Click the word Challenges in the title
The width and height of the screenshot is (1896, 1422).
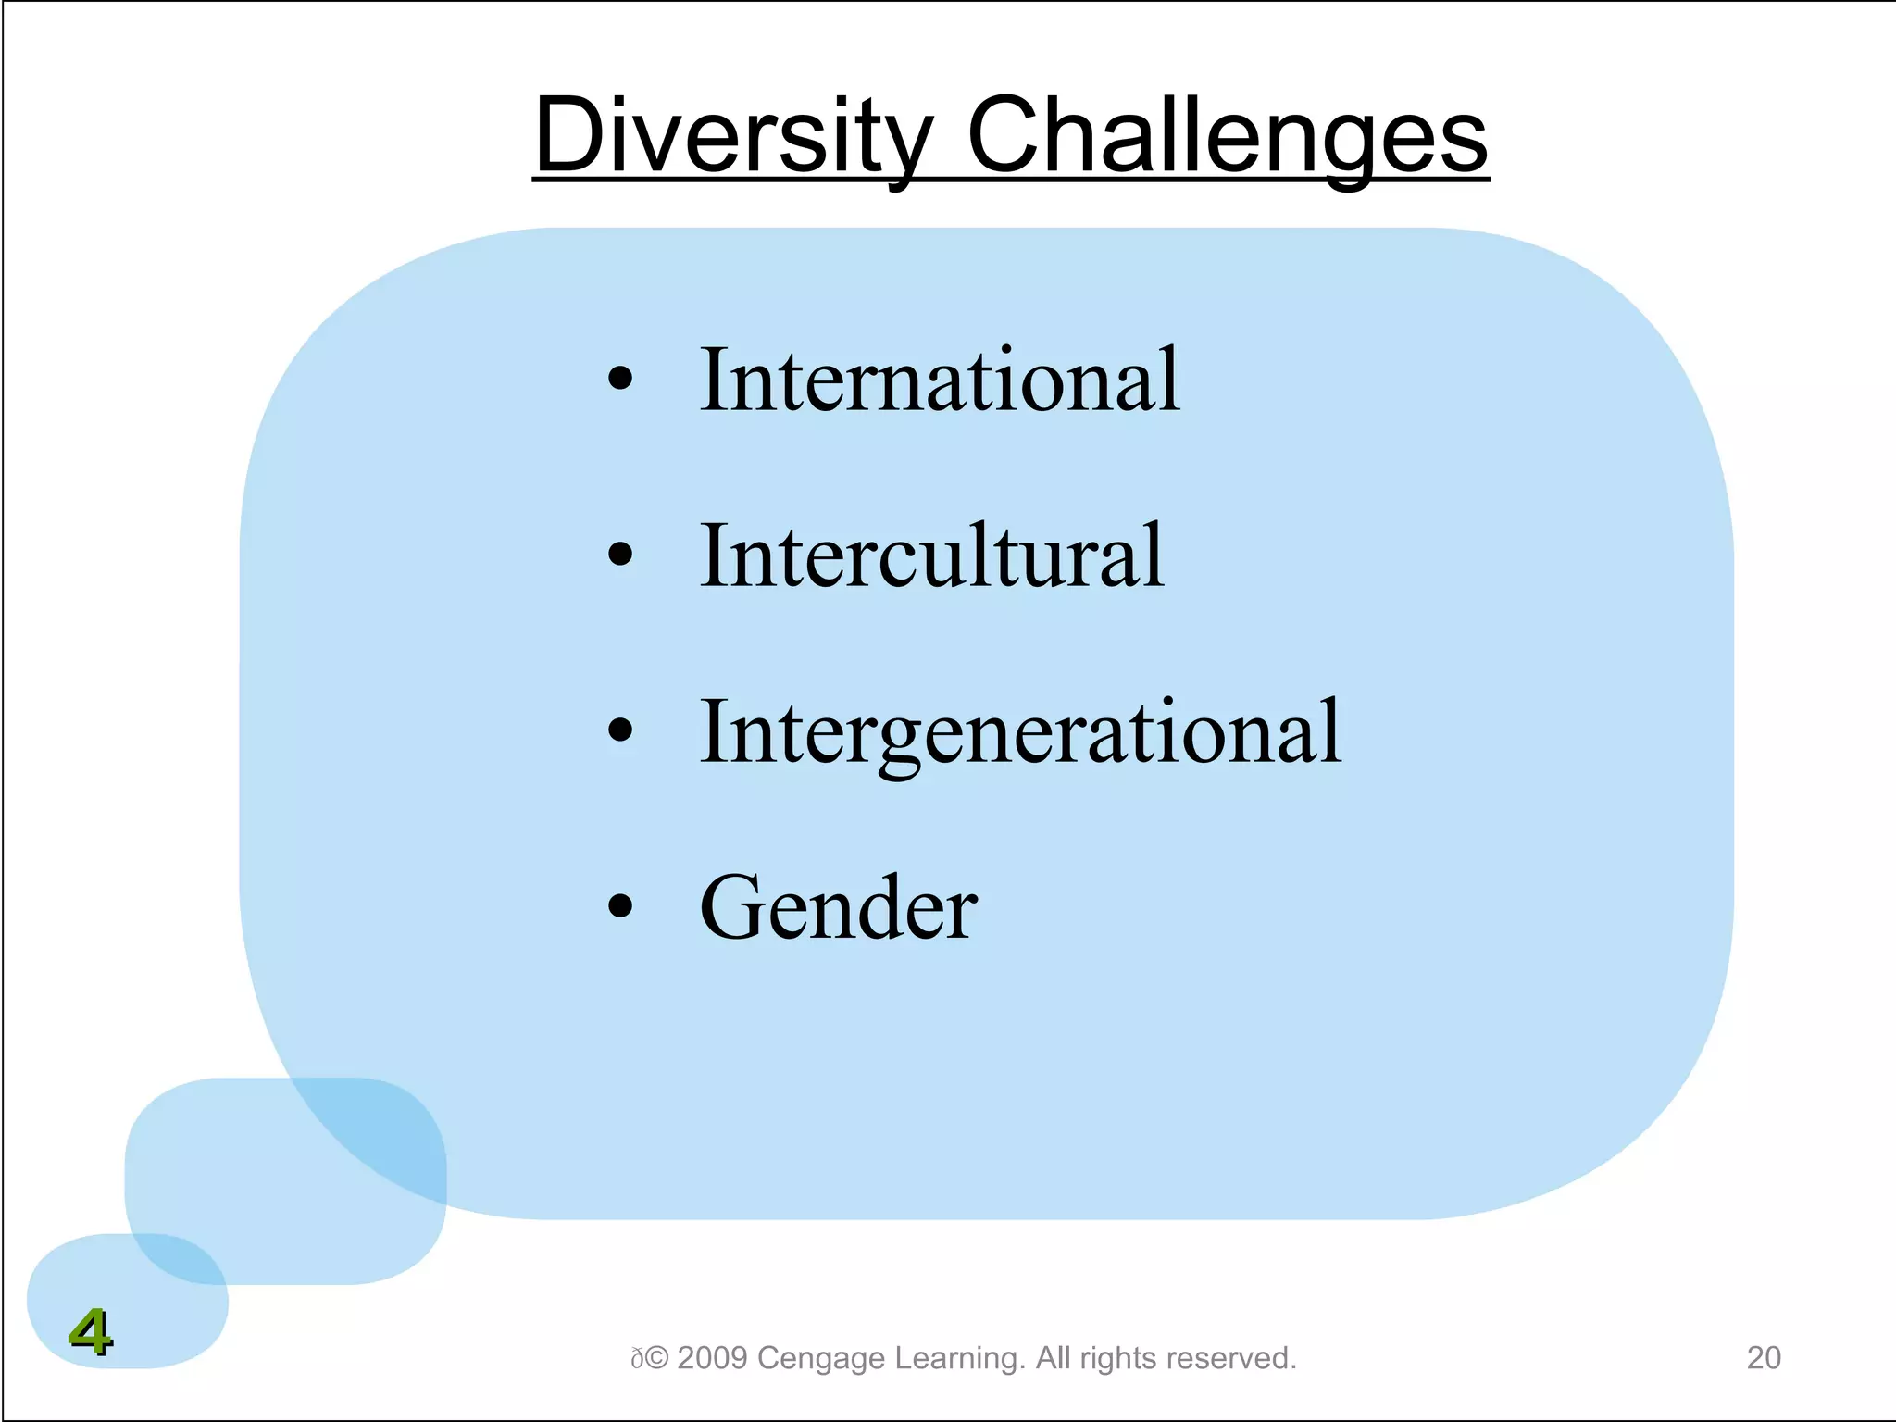pyautogui.click(x=1227, y=136)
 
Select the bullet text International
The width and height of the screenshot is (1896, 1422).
pyautogui.click(x=939, y=380)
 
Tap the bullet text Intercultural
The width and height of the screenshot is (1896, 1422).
pyautogui.click(x=931, y=555)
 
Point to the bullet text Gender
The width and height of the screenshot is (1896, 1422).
pyautogui.click(x=838, y=908)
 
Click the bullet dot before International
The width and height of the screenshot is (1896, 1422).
pyautogui.click(x=620, y=379)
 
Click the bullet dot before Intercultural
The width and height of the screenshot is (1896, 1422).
pyautogui.click(x=620, y=555)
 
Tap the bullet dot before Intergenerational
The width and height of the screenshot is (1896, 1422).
pyautogui.click(x=620, y=730)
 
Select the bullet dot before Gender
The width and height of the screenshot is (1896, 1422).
pyautogui.click(x=620, y=906)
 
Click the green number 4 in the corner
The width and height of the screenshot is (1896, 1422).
pyautogui.click(x=90, y=1332)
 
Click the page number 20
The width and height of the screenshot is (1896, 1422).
pyautogui.click(x=1764, y=1358)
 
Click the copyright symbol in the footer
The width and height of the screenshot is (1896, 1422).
pyautogui.click(x=656, y=1358)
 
